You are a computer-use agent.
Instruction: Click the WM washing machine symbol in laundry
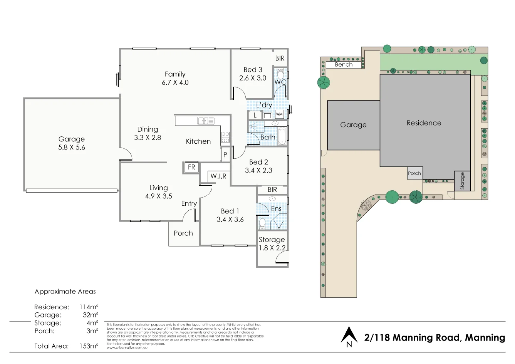[x=279, y=114]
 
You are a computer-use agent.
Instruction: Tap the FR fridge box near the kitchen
[x=191, y=167]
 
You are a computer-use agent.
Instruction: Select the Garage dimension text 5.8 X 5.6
[x=72, y=148]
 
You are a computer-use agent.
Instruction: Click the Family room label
[x=175, y=74]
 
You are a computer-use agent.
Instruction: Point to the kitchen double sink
[x=206, y=121]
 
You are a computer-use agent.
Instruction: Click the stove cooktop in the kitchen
[x=225, y=137]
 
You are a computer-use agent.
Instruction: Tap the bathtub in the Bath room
[x=282, y=135]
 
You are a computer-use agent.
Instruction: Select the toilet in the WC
[x=280, y=73]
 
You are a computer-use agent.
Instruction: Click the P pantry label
[x=225, y=155]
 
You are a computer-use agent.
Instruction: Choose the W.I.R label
[x=218, y=176]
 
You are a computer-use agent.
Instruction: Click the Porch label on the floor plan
[x=183, y=233]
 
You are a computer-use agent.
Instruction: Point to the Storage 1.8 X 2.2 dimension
[x=272, y=248]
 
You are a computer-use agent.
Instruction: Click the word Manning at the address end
[x=485, y=338]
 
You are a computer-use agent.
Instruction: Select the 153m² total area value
[x=89, y=346]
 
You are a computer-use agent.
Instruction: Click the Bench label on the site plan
[x=344, y=65]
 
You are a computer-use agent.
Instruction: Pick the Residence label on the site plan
[x=424, y=123]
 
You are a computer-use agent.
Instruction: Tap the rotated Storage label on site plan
[x=462, y=181]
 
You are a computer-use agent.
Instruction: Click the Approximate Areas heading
[x=65, y=292]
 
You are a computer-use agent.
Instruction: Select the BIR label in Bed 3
[x=280, y=58]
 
